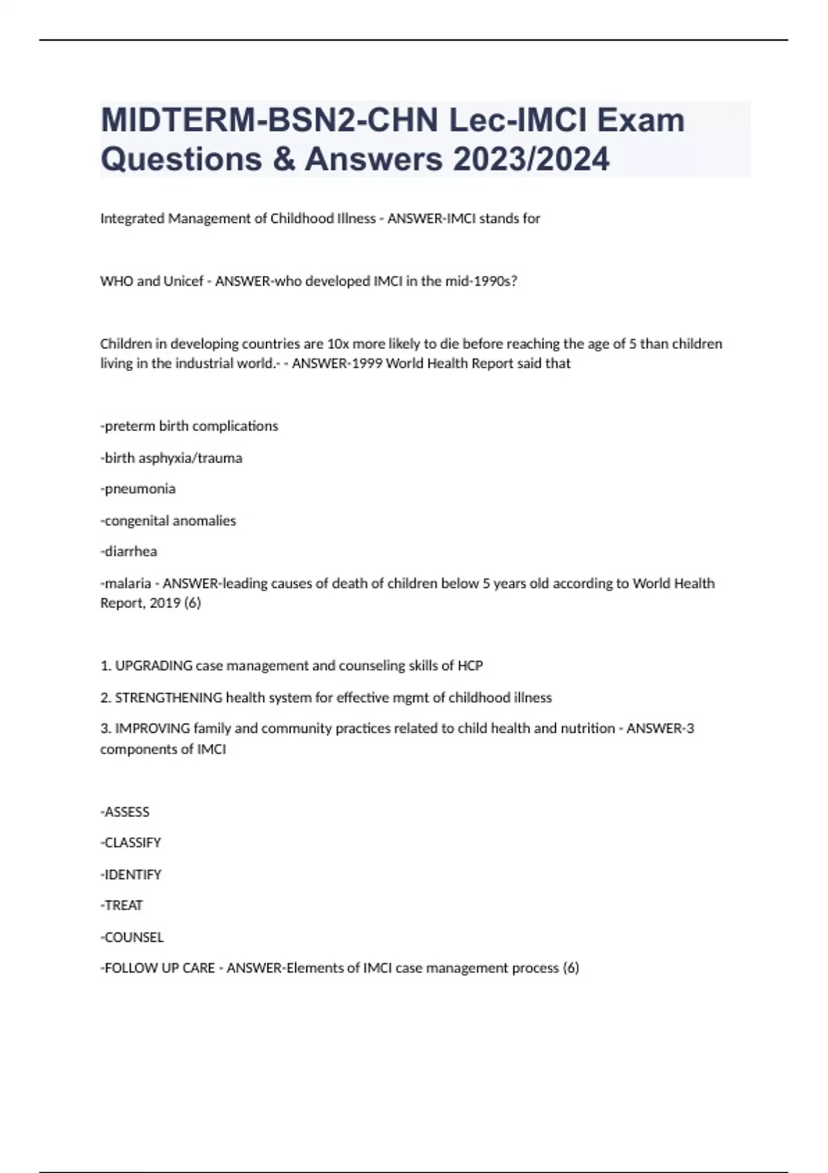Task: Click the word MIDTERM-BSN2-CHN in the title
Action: point(270,120)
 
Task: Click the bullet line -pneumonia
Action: point(138,489)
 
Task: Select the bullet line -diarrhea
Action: point(129,551)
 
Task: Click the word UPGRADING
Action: point(153,666)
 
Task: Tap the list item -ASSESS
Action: point(125,811)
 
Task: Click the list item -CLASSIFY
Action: point(131,842)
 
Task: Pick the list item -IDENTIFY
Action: point(131,874)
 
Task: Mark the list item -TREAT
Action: point(122,905)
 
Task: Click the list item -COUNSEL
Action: point(132,937)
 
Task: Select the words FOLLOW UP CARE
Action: point(159,968)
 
